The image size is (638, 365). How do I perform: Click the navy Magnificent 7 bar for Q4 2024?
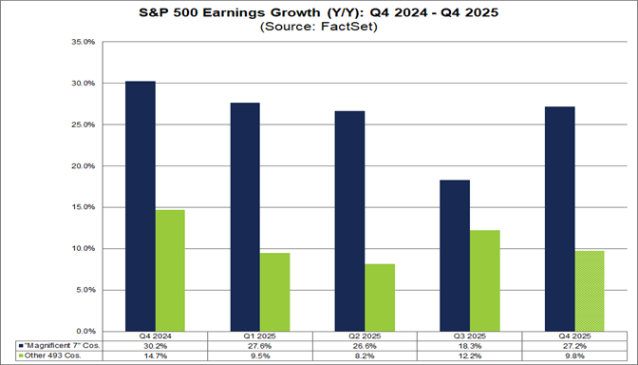141,205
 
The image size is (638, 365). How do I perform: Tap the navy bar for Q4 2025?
560,218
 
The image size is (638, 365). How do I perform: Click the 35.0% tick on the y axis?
83,43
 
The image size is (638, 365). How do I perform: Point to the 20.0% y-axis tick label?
83,166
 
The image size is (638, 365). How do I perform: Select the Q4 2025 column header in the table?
574,336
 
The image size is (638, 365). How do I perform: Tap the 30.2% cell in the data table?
155,346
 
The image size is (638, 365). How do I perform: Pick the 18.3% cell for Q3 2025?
470,346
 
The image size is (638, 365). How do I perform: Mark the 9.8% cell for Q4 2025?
574,356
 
